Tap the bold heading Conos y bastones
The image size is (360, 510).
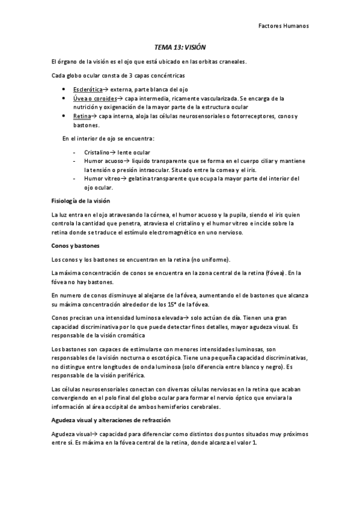(x=76, y=246)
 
